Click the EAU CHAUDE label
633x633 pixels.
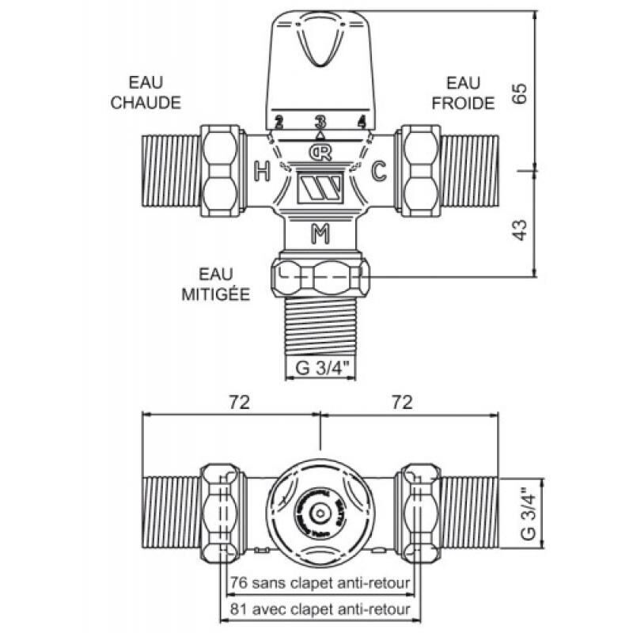coord(146,93)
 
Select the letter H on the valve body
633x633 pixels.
coord(260,169)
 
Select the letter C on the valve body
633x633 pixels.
coord(379,169)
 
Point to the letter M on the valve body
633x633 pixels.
coord(320,233)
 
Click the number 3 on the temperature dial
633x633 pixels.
coord(320,121)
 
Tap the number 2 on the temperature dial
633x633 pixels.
coord(279,122)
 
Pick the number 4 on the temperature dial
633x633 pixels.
coord(362,122)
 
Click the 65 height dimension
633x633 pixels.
coord(520,93)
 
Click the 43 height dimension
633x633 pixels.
coord(520,229)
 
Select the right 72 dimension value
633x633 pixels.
coord(402,402)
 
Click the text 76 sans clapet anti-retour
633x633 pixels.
coord(319,583)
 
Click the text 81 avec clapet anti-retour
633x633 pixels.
coord(319,608)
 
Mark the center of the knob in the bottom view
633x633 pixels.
coord(319,514)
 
